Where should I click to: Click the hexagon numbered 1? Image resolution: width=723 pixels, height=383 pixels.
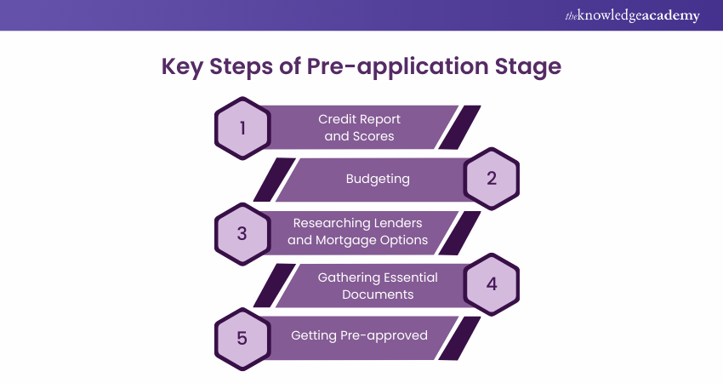[242, 128]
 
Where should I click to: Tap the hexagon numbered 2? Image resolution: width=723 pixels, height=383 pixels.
[492, 179]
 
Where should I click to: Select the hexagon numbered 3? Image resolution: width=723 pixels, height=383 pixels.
[242, 232]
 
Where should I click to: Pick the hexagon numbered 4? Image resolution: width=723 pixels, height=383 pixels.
[492, 284]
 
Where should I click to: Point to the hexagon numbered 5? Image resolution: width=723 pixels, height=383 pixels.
[242, 337]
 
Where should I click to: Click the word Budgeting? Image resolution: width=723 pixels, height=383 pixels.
[378, 179]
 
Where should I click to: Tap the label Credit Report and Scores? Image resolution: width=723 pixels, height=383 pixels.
[360, 127]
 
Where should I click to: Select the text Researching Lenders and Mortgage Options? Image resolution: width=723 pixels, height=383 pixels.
[358, 232]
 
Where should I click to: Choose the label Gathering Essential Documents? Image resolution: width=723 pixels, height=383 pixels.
[378, 285]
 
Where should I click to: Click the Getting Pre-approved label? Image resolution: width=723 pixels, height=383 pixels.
[359, 335]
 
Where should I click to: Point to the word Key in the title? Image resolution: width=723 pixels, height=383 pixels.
[181, 66]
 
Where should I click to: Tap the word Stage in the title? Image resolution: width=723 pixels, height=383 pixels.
[528, 66]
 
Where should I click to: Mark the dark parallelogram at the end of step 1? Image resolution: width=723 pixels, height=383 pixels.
[459, 127]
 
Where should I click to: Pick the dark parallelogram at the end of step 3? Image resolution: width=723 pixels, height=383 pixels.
[459, 232]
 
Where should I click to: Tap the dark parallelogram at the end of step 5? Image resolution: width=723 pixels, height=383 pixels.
[459, 337]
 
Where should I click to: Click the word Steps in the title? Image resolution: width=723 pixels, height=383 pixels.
[245, 66]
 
